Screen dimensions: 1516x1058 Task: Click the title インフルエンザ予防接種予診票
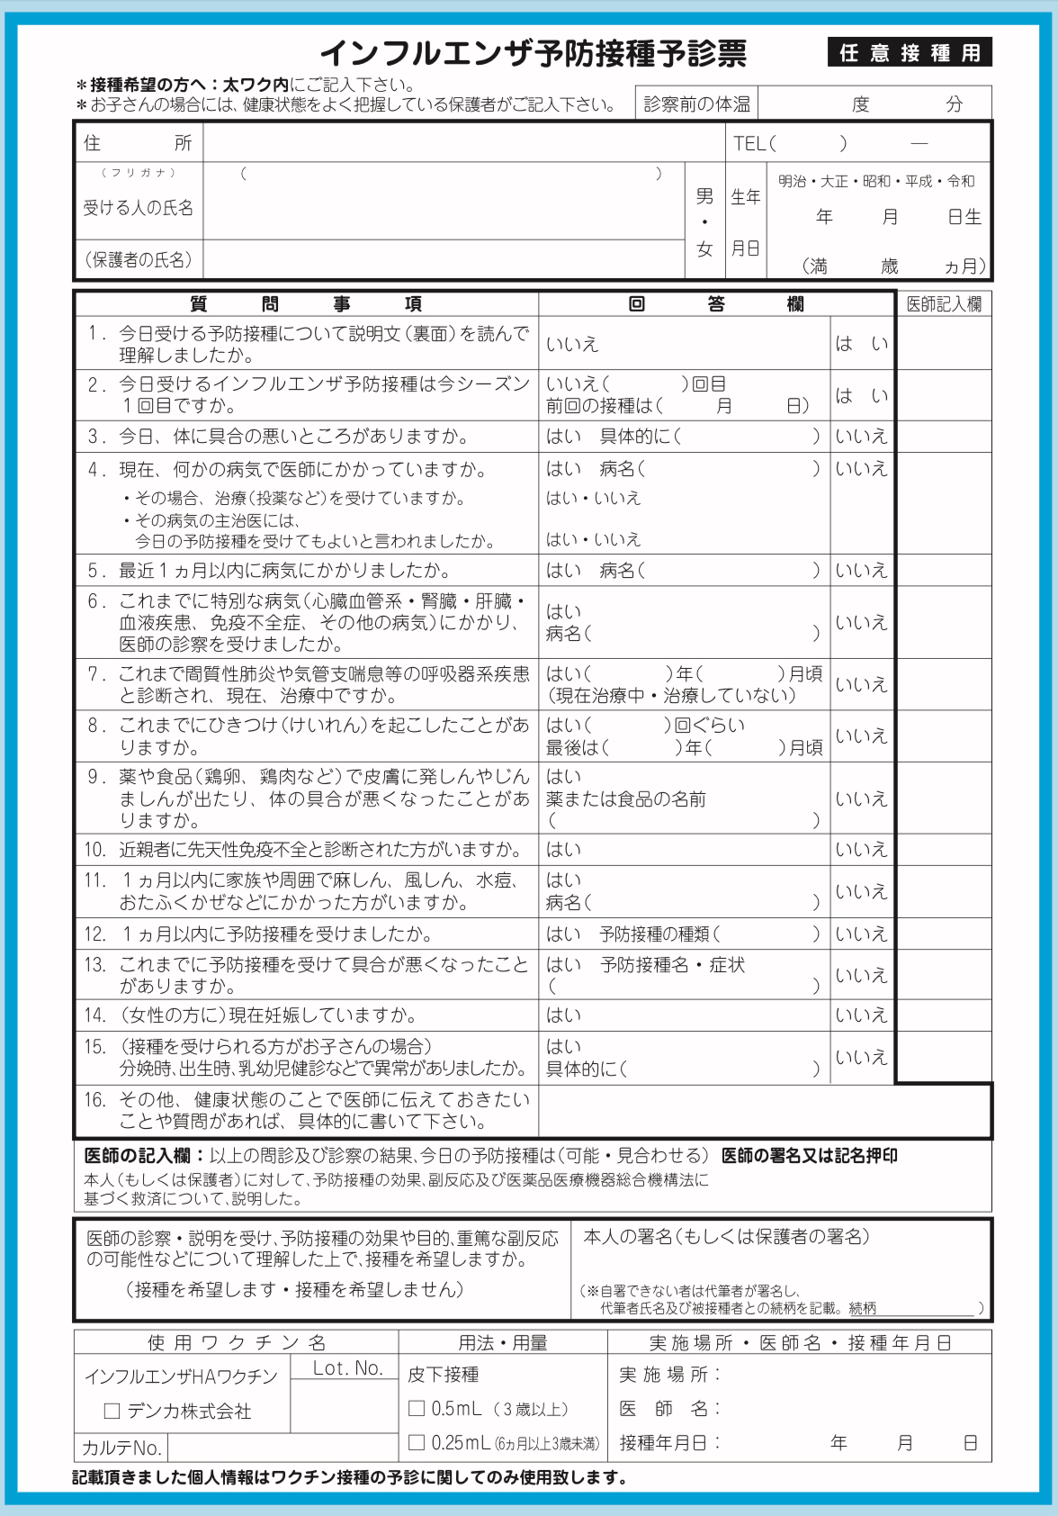click(x=533, y=54)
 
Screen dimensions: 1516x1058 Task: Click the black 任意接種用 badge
click(x=909, y=53)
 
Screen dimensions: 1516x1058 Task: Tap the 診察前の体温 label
click(x=696, y=104)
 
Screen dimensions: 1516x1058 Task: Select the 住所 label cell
click(x=138, y=143)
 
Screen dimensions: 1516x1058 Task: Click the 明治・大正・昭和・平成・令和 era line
click(x=875, y=181)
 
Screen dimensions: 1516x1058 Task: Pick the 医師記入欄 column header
click(x=944, y=304)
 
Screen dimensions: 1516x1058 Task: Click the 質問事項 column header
click(x=306, y=304)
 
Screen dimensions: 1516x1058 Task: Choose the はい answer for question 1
click(x=861, y=344)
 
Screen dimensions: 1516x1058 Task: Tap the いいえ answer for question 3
click(x=861, y=437)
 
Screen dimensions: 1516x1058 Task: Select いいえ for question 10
click(x=861, y=850)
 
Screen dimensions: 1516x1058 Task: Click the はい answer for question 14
click(x=564, y=1015)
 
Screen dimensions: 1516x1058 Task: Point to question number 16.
click(x=95, y=1100)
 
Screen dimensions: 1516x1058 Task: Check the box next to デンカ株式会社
click(x=112, y=1412)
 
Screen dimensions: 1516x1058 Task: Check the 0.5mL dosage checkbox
click(x=417, y=1408)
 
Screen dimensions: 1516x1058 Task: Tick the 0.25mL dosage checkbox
click(x=417, y=1442)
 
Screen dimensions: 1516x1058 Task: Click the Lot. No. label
click(x=347, y=1368)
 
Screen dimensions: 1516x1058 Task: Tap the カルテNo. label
click(x=121, y=1448)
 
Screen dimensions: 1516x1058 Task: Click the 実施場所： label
click(x=669, y=1375)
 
